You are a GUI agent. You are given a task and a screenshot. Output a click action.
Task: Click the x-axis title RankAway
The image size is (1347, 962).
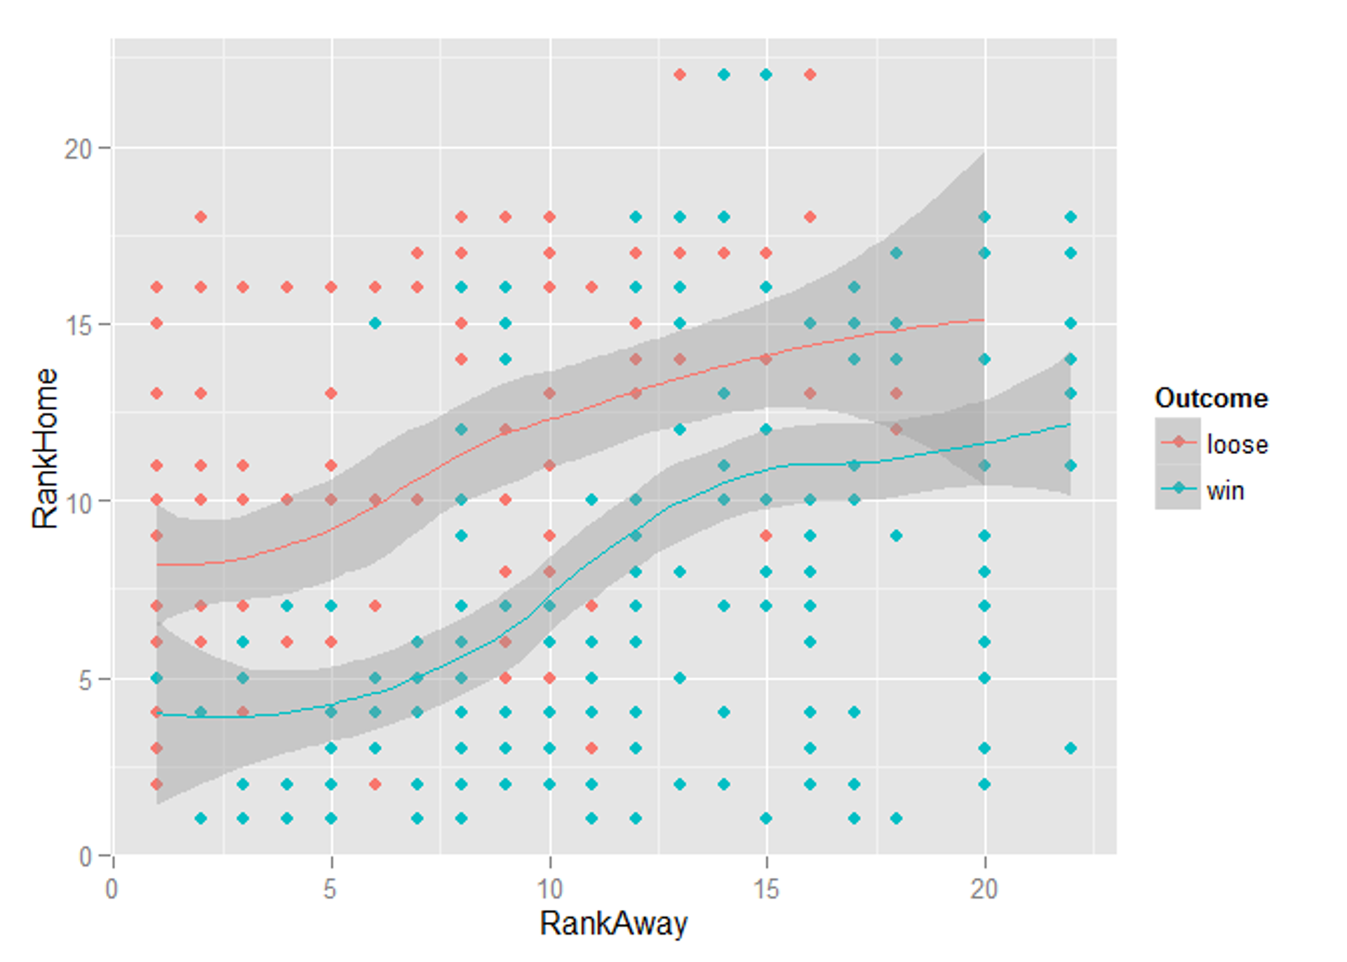tap(613, 923)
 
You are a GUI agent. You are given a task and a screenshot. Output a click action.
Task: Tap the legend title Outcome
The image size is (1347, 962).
tap(1211, 399)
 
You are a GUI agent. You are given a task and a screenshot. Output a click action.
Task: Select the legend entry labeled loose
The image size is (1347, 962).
tap(1237, 444)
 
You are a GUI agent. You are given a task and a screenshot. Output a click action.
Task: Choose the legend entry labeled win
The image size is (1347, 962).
tap(1225, 490)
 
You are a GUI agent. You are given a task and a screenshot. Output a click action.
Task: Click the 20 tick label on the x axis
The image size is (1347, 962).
tap(984, 890)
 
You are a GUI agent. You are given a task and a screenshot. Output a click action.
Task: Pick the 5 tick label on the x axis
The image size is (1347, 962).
tap(330, 890)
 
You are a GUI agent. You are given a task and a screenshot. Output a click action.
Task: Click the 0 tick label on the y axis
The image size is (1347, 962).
tap(86, 857)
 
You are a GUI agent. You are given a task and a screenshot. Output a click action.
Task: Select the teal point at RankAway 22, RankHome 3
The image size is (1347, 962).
tap(1071, 748)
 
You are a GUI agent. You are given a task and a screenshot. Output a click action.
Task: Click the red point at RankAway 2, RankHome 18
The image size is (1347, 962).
tap(201, 217)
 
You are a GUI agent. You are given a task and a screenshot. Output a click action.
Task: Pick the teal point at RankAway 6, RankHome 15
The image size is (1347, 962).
tap(375, 323)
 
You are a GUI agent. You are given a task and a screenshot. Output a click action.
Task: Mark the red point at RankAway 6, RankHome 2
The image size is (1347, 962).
tap(375, 784)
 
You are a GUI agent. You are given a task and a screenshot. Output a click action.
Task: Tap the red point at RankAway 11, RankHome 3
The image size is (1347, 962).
tap(591, 748)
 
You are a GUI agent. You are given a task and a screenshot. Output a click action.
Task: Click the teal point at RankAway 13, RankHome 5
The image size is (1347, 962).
tap(679, 678)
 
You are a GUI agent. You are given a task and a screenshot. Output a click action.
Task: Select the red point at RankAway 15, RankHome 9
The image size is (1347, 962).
tap(766, 535)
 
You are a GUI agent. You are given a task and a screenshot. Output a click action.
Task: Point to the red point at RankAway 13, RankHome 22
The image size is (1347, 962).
tap(679, 74)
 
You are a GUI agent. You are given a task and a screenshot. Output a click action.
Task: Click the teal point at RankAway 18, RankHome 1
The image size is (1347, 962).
tap(896, 818)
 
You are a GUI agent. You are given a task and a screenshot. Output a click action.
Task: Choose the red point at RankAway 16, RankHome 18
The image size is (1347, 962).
tap(810, 217)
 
